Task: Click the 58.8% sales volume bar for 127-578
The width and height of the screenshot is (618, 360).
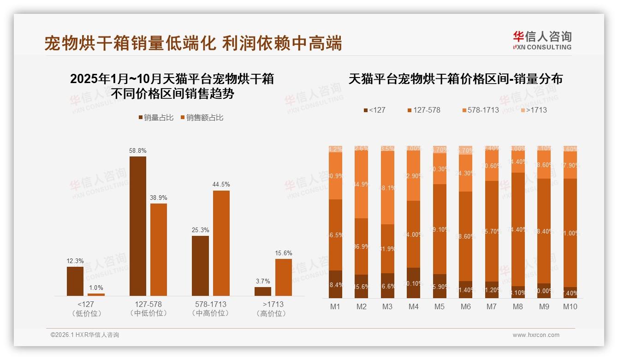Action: pyautogui.click(x=137, y=226)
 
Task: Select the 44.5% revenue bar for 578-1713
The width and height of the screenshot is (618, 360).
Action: pyautogui.click(x=221, y=243)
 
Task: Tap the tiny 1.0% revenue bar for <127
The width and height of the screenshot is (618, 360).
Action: pyautogui.click(x=96, y=294)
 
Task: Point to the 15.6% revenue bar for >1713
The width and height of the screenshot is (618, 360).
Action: pyautogui.click(x=284, y=277)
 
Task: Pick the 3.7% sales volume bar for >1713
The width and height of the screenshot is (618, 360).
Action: pyautogui.click(x=263, y=291)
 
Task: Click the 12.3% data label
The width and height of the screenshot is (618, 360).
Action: pyautogui.click(x=75, y=261)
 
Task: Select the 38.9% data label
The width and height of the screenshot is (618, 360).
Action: pyautogui.click(x=159, y=198)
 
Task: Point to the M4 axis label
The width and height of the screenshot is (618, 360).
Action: pyautogui.click(x=413, y=307)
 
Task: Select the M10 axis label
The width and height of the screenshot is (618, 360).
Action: pyautogui.click(x=570, y=307)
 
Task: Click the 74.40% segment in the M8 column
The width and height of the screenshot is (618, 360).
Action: pyautogui.click(x=518, y=229)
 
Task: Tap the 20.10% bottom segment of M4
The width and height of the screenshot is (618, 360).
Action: pyautogui.click(x=413, y=283)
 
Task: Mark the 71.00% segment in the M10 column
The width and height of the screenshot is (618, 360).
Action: pyautogui.click(x=570, y=233)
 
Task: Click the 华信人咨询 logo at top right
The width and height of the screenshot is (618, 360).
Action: pyautogui.click(x=542, y=40)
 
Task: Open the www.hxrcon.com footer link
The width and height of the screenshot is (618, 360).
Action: pyautogui.click(x=536, y=335)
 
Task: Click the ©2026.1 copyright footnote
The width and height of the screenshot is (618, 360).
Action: pyautogui.click(x=85, y=335)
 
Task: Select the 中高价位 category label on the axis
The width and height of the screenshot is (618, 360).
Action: pyautogui.click(x=210, y=313)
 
